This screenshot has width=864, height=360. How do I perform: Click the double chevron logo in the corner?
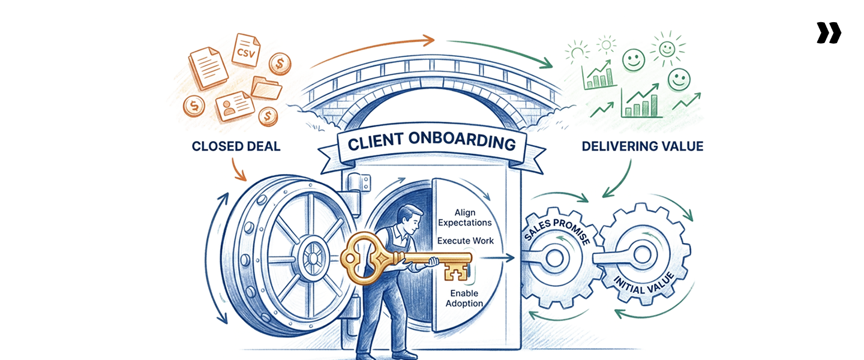click(829, 33)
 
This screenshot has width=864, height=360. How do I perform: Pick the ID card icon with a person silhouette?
click(232, 106)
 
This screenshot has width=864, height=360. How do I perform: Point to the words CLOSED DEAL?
click(236, 146)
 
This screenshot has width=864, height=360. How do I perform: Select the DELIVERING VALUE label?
click(642, 146)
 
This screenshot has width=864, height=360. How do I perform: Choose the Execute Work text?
click(465, 241)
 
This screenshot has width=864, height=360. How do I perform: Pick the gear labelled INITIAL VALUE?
click(642, 258)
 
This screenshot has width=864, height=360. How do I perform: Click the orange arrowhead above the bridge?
click(427, 41)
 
